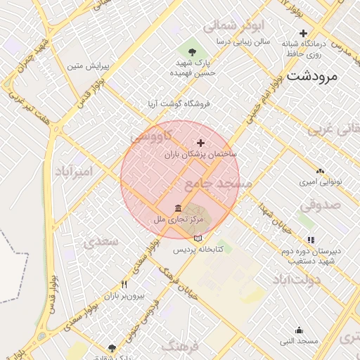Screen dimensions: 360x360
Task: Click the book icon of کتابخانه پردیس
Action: coord(198,238)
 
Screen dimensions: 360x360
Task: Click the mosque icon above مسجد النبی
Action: coord(299,330)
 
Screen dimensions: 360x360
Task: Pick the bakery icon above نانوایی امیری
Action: coord(321,171)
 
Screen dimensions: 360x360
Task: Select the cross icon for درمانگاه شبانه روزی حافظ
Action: coord(304,33)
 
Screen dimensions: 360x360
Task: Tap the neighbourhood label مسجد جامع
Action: coord(217,184)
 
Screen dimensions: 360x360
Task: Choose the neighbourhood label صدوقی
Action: coord(320,205)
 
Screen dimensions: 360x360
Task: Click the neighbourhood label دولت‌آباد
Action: coord(299,279)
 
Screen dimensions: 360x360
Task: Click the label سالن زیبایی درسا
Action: coord(243,42)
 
